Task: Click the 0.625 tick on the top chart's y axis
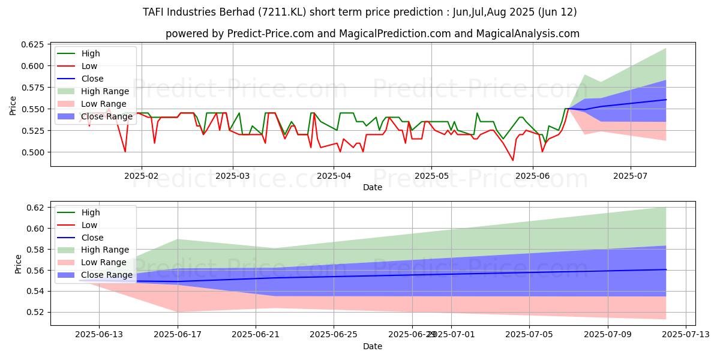pos(34,44)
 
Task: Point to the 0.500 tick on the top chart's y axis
pos(34,152)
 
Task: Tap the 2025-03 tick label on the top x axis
pos(233,176)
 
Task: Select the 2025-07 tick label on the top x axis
pos(631,176)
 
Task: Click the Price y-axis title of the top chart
pos(13,106)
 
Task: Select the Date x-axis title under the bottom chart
pos(373,346)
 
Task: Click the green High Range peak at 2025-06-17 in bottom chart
pos(178,239)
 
